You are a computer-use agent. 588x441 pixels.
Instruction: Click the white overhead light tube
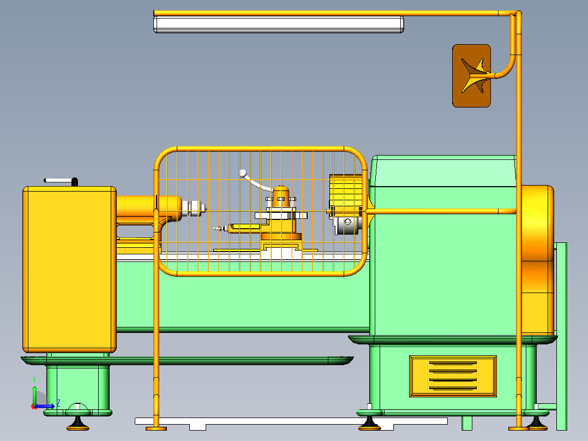[278, 25]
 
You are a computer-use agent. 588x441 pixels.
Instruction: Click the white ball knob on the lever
[243, 173]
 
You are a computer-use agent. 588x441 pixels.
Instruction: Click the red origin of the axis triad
[34, 406]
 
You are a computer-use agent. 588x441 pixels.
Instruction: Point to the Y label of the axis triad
[34, 379]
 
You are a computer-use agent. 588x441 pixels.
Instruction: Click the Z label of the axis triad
[58, 403]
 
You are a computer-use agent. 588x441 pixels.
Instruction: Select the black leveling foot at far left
[79, 422]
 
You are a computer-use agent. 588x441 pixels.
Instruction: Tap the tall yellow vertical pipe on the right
[518, 273]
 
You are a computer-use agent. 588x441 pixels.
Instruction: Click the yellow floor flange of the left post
[156, 428]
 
